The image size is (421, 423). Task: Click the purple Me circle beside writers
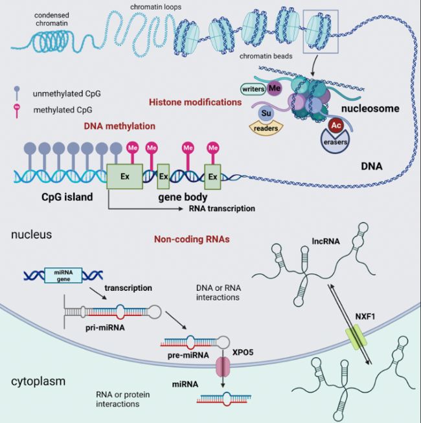click(274, 88)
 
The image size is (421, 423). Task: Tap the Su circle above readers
click(266, 113)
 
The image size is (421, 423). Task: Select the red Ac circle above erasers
click(336, 125)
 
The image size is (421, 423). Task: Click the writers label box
click(253, 89)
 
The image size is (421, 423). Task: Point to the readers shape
click(266, 128)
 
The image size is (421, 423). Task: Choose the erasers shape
click(335, 141)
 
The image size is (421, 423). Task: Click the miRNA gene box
click(63, 275)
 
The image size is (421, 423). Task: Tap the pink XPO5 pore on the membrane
click(223, 367)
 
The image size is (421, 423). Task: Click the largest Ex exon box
click(125, 176)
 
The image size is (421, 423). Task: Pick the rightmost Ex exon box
click(212, 177)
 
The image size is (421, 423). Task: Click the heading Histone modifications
click(195, 102)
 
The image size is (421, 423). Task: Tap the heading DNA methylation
click(119, 126)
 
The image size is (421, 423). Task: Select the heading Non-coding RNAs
click(192, 239)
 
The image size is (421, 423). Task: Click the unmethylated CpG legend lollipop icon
click(17, 93)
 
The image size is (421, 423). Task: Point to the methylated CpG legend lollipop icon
click(17, 110)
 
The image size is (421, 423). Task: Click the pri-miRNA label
click(105, 328)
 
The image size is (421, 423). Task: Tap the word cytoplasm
click(38, 382)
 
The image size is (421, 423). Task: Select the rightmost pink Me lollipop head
click(213, 148)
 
